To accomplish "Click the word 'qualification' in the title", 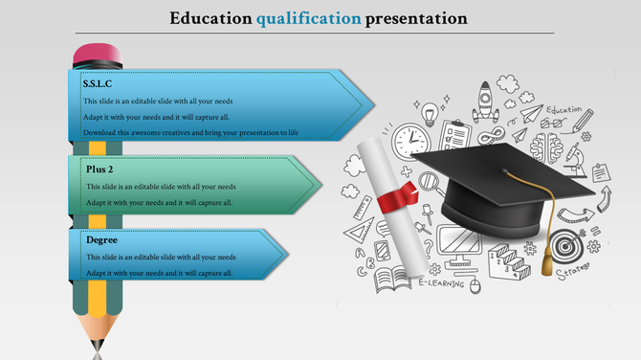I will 309,18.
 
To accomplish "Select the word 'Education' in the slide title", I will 210,18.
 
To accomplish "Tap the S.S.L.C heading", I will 98,84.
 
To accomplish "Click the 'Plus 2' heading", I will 99,169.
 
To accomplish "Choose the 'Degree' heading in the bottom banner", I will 101,239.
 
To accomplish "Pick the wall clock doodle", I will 409,141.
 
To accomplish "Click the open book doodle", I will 390,280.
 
